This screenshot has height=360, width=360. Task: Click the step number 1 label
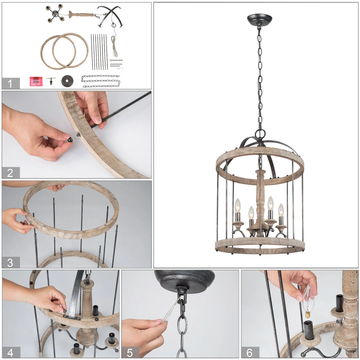click(x=10, y=83)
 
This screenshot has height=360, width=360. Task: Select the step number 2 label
click(x=10, y=173)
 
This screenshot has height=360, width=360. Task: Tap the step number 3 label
click(x=10, y=262)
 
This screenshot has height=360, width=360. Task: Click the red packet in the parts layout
click(x=36, y=81)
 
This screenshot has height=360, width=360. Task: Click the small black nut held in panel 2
click(x=70, y=140)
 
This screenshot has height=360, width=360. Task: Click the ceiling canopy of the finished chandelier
click(x=259, y=20)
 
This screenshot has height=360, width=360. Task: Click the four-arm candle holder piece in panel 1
click(x=55, y=13)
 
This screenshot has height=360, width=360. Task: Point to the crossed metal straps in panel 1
click(x=109, y=15)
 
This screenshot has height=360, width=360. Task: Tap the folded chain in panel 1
click(x=101, y=81)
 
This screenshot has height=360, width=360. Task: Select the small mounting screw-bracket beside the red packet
click(x=51, y=81)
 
